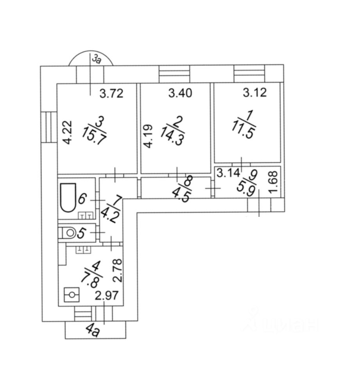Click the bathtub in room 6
pyautogui.click(x=68, y=197)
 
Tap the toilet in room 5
pyautogui.click(x=67, y=233)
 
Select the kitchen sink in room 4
pyautogui.click(x=71, y=295)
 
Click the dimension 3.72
pyautogui.click(x=111, y=93)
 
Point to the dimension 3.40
pyautogui.click(x=180, y=93)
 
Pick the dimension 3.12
pyautogui.click(x=255, y=92)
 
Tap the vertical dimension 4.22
pyautogui.click(x=68, y=132)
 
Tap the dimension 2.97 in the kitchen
pyautogui.click(x=107, y=296)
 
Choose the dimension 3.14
pyautogui.click(x=228, y=173)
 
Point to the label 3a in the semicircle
pyautogui.click(x=97, y=59)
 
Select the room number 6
pyautogui.click(x=82, y=198)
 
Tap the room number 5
pyautogui.click(x=81, y=233)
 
